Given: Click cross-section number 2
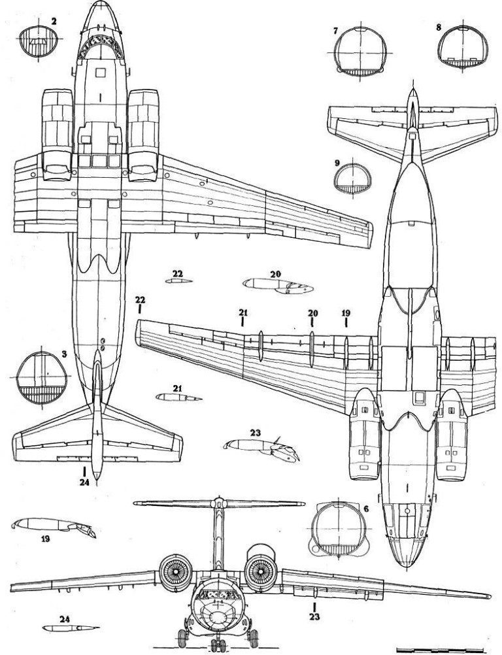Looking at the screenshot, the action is (x=38, y=41).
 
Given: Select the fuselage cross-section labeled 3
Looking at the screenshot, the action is (x=41, y=378).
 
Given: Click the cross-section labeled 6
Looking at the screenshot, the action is (x=339, y=529).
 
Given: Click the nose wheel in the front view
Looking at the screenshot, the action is (x=218, y=645).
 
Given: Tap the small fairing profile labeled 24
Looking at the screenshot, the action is (x=71, y=628).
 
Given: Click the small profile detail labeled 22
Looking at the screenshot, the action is (x=178, y=280).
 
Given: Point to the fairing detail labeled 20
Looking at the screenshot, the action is (x=278, y=286).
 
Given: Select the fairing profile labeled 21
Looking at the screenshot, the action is (x=178, y=397).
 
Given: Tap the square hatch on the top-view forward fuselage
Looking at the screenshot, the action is (x=101, y=73).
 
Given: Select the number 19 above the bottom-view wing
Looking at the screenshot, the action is (x=346, y=313).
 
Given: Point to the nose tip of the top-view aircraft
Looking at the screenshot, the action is (x=101, y=2).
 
